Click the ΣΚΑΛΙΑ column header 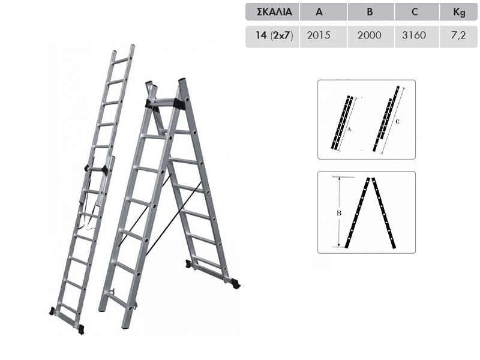pyautogui.click(x=274, y=12)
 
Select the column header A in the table pyautogui.click(x=319, y=12)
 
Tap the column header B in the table pyautogui.click(x=370, y=12)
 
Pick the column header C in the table pyautogui.click(x=415, y=12)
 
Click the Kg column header pyautogui.click(x=459, y=13)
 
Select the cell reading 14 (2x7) pyautogui.click(x=274, y=35)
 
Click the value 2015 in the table pyautogui.click(x=319, y=35)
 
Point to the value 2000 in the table pyautogui.click(x=370, y=35)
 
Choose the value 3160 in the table pyautogui.click(x=414, y=35)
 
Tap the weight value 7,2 pyautogui.click(x=458, y=35)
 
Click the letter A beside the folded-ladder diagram pyautogui.click(x=349, y=130)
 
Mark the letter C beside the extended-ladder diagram pyautogui.click(x=398, y=122)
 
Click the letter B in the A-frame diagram pyautogui.click(x=339, y=213)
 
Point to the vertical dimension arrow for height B pyautogui.click(x=339, y=212)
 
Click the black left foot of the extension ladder pyautogui.click(x=52, y=311)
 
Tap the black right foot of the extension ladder pyautogui.click(x=81, y=329)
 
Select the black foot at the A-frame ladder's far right pyautogui.click(x=236, y=283)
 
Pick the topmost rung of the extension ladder pyautogui.click(x=122, y=61)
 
